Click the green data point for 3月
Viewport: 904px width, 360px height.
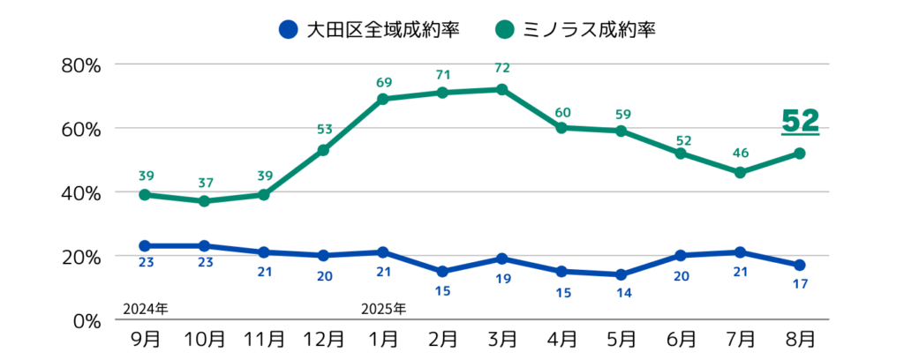pyautogui.click(x=502, y=89)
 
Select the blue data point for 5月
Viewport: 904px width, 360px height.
pyautogui.click(x=621, y=274)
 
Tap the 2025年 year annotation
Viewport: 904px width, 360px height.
pyautogui.click(x=384, y=308)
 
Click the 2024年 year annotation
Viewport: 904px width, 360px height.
pyautogui.click(x=145, y=308)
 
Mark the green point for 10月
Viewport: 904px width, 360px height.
pyautogui.click(x=204, y=201)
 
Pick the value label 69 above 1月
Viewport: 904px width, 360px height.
pyautogui.click(x=383, y=82)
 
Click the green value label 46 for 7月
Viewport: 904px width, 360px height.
pyautogui.click(x=741, y=154)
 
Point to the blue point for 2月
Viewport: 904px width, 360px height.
pyautogui.click(x=442, y=272)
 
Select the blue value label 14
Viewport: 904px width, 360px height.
pyautogui.click(x=621, y=292)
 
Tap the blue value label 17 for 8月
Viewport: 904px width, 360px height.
pyautogui.click(x=800, y=283)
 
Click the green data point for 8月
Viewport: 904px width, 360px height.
pyautogui.click(x=800, y=154)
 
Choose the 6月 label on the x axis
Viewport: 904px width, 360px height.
pyautogui.click(x=681, y=339)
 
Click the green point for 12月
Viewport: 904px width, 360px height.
pyautogui.click(x=323, y=150)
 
